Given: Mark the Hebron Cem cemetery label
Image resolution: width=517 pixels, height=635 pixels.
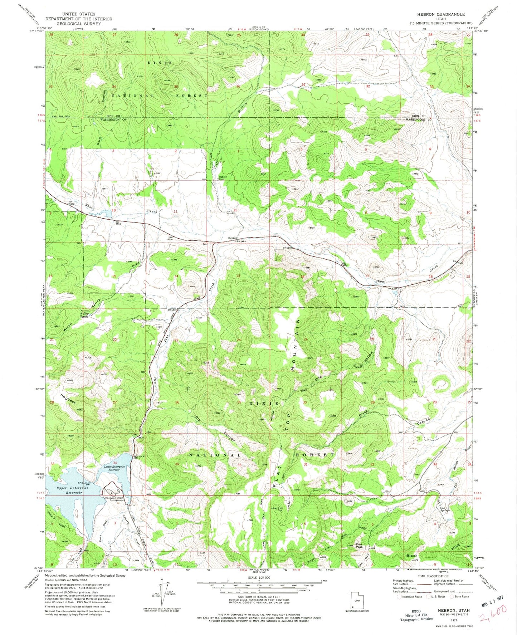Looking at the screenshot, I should pyautogui.click(x=223, y=178).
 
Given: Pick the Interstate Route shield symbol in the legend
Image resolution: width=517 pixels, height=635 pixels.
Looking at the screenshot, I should pyautogui.click(x=400, y=597).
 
